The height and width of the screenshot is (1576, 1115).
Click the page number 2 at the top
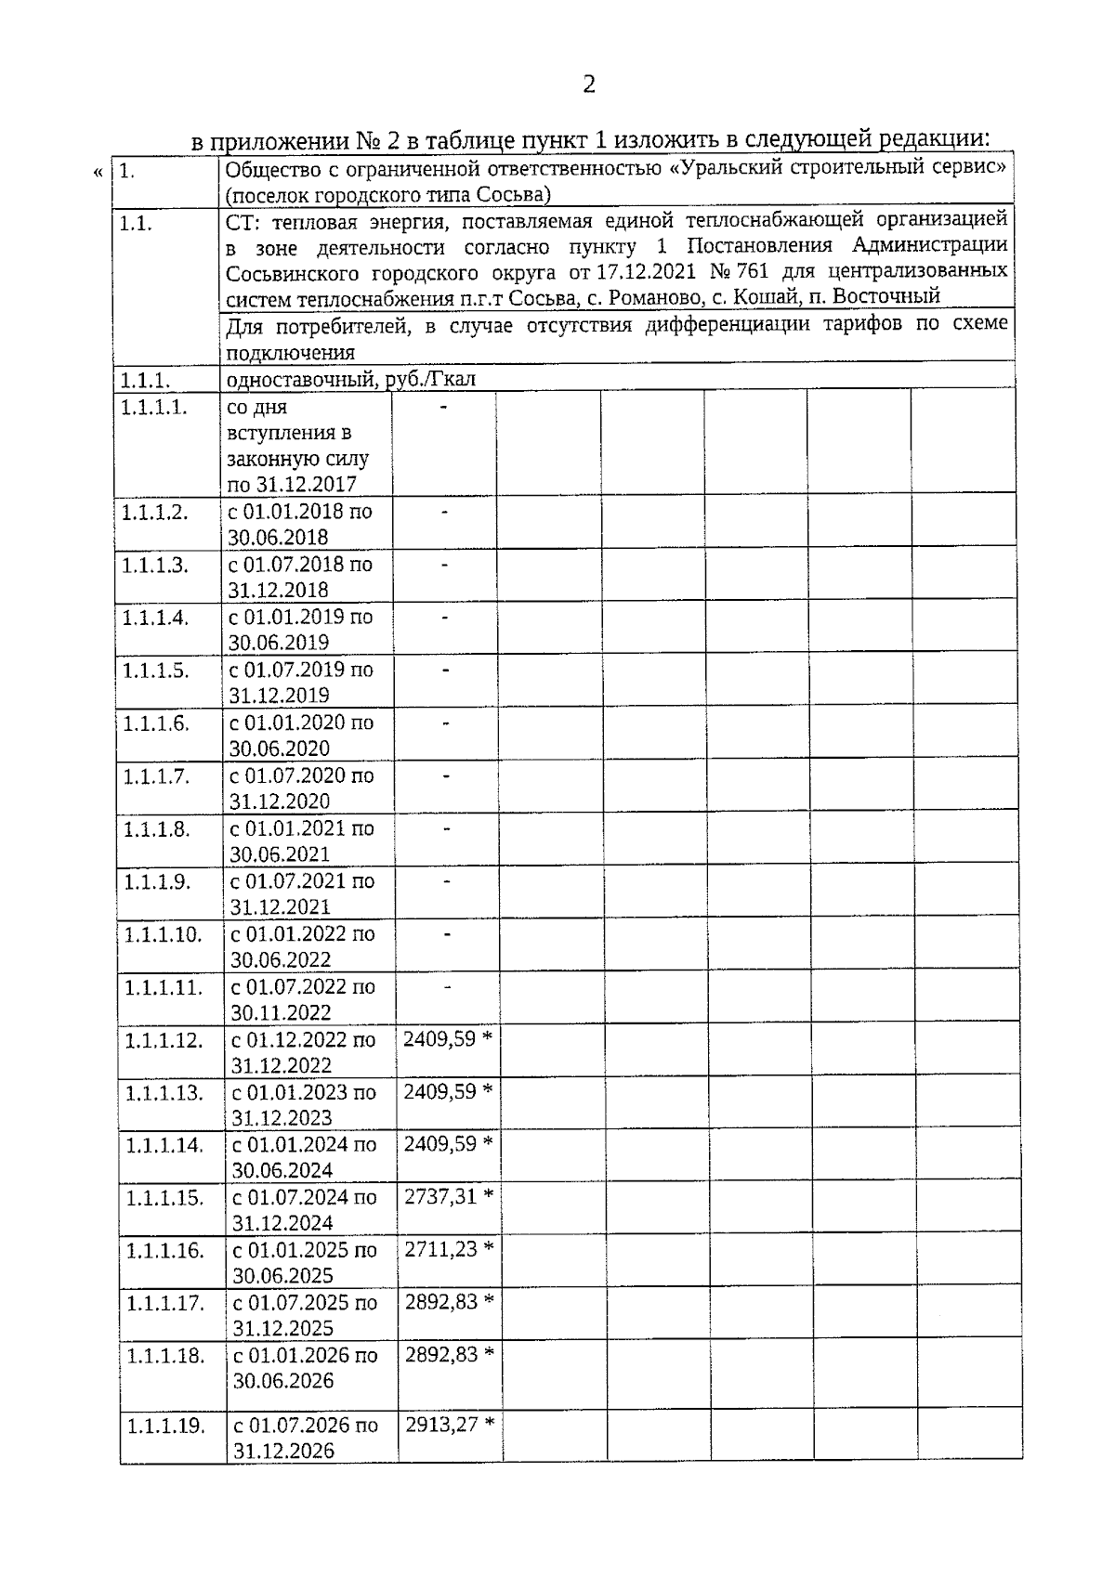tap(588, 85)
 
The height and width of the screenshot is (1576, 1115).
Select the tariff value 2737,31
tap(439, 1196)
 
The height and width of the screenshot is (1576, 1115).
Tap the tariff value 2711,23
tap(439, 1249)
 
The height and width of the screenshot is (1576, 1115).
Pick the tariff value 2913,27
tap(440, 1424)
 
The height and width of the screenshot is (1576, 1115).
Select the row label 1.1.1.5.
tap(155, 671)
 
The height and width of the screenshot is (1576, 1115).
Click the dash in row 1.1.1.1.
tap(443, 407)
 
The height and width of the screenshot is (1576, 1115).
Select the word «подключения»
tap(291, 353)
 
